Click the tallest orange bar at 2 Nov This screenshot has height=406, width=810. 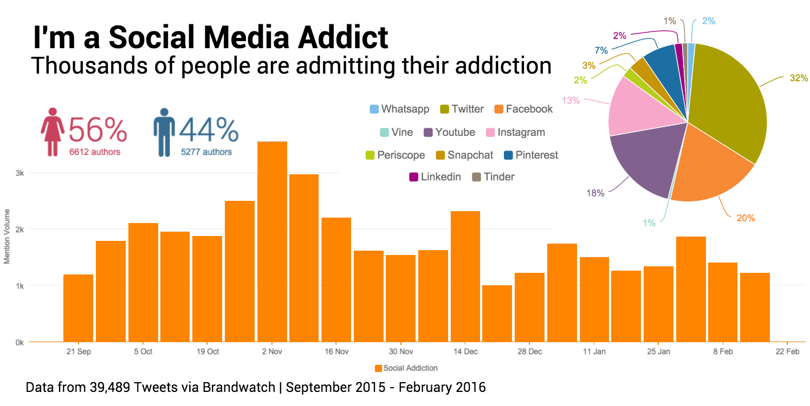point(272,241)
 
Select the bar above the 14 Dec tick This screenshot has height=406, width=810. point(465,276)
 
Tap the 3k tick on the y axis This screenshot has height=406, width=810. point(20,173)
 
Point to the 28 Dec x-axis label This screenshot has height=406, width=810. point(529,352)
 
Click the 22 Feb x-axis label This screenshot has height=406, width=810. point(787,352)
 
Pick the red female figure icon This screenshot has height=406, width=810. point(53,132)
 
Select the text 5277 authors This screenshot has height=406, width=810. point(206,152)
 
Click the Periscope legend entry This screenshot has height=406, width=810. point(396,155)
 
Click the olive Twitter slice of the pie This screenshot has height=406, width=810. point(726,103)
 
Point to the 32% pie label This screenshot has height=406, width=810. point(799,78)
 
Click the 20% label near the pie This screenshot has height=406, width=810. point(746,218)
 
